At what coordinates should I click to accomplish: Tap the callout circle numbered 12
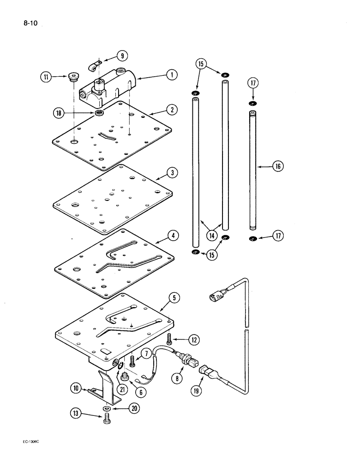click(194, 340)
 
